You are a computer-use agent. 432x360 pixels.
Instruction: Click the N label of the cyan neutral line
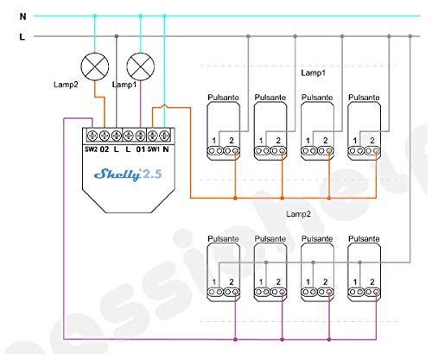coord(22,16)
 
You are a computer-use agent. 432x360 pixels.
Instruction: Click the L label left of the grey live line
coord(22,36)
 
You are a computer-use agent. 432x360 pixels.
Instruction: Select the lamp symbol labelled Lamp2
coord(95,66)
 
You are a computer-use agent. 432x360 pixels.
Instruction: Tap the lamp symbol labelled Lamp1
coord(141,66)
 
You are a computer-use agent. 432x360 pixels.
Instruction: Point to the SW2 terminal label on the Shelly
coord(91,149)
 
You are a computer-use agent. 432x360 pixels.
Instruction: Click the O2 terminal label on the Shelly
coord(105,149)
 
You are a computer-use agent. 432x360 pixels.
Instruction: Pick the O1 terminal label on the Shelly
coord(141,149)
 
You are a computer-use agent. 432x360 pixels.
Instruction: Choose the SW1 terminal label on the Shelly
coord(154,149)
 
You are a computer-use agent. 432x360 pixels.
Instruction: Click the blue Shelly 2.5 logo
coord(128,174)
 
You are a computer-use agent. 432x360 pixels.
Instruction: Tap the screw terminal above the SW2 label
coord(92,136)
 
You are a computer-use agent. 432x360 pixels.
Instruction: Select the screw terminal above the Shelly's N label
coord(164,136)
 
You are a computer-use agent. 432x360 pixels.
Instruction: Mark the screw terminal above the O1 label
coord(140,136)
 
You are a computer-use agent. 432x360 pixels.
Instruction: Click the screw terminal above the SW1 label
coord(152,136)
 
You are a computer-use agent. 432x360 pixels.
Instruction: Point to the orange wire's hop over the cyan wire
coord(164,106)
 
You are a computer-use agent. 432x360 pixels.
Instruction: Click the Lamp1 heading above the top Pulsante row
coord(314,73)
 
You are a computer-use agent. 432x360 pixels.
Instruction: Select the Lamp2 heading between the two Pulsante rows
coord(299,214)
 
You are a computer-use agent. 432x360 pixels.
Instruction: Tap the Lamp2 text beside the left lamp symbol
coord(66,85)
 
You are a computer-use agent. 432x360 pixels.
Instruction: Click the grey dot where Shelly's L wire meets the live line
coord(117,36)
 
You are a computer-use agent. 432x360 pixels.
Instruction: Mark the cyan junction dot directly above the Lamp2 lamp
coord(95,16)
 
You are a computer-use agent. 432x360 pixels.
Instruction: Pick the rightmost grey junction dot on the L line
coord(410,36)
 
